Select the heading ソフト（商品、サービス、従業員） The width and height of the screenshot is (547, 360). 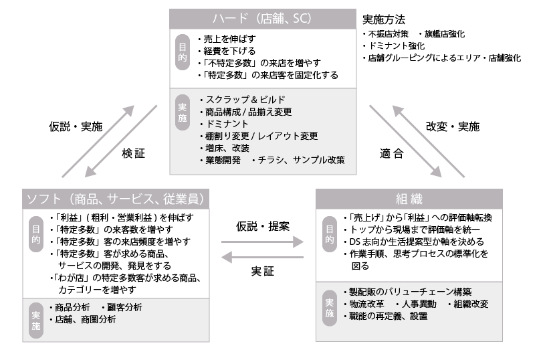(114, 199)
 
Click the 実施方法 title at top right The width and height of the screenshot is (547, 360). (384, 20)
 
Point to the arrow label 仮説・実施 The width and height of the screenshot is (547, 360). (76, 126)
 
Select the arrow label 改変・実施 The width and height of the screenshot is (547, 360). (452, 126)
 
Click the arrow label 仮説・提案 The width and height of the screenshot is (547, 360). (263, 226)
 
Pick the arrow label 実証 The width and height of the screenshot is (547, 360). (263, 271)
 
